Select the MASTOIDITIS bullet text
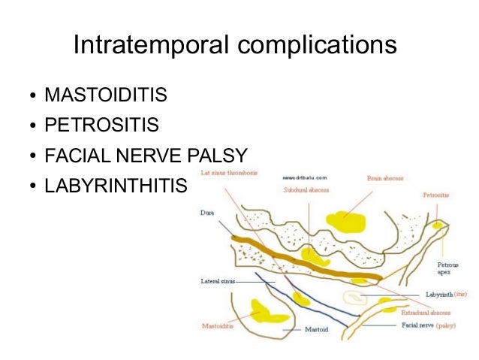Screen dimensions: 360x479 [x=106, y=97]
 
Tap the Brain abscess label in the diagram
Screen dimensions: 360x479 [x=385, y=179]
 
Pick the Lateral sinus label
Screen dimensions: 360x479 [x=218, y=281]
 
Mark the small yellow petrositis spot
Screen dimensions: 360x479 [x=437, y=225]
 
